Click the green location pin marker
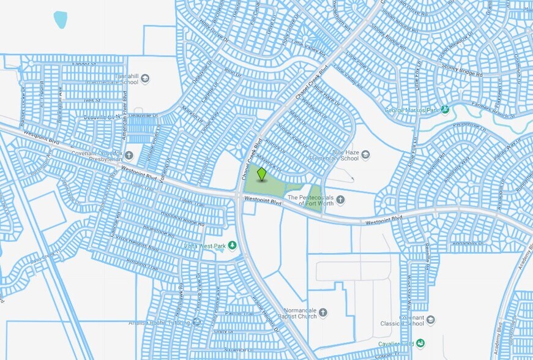click(x=261, y=174)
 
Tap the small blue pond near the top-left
click(x=60, y=20)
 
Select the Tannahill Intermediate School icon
click(x=145, y=78)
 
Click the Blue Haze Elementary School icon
click(x=365, y=154)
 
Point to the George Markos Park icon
click(x=445, y=110)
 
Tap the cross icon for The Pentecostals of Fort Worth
click(x=340, y=199)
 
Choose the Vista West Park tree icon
click(x=233, y=246)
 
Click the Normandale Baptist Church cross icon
click(x=322, y=313)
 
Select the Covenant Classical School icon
click(x=431, y=320)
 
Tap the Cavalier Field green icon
click(x=420, y=344)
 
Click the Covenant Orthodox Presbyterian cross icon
click(x=129, y=154)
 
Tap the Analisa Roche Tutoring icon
click(x=196, y=322)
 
